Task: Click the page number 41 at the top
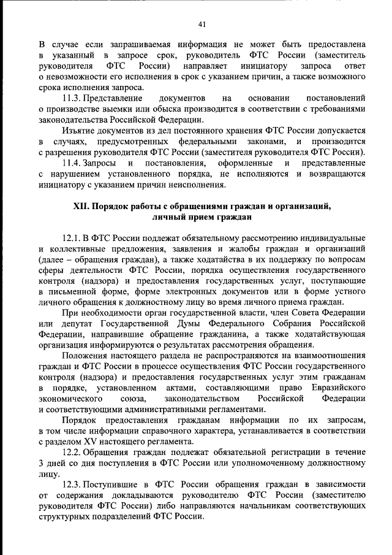(202, 24)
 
